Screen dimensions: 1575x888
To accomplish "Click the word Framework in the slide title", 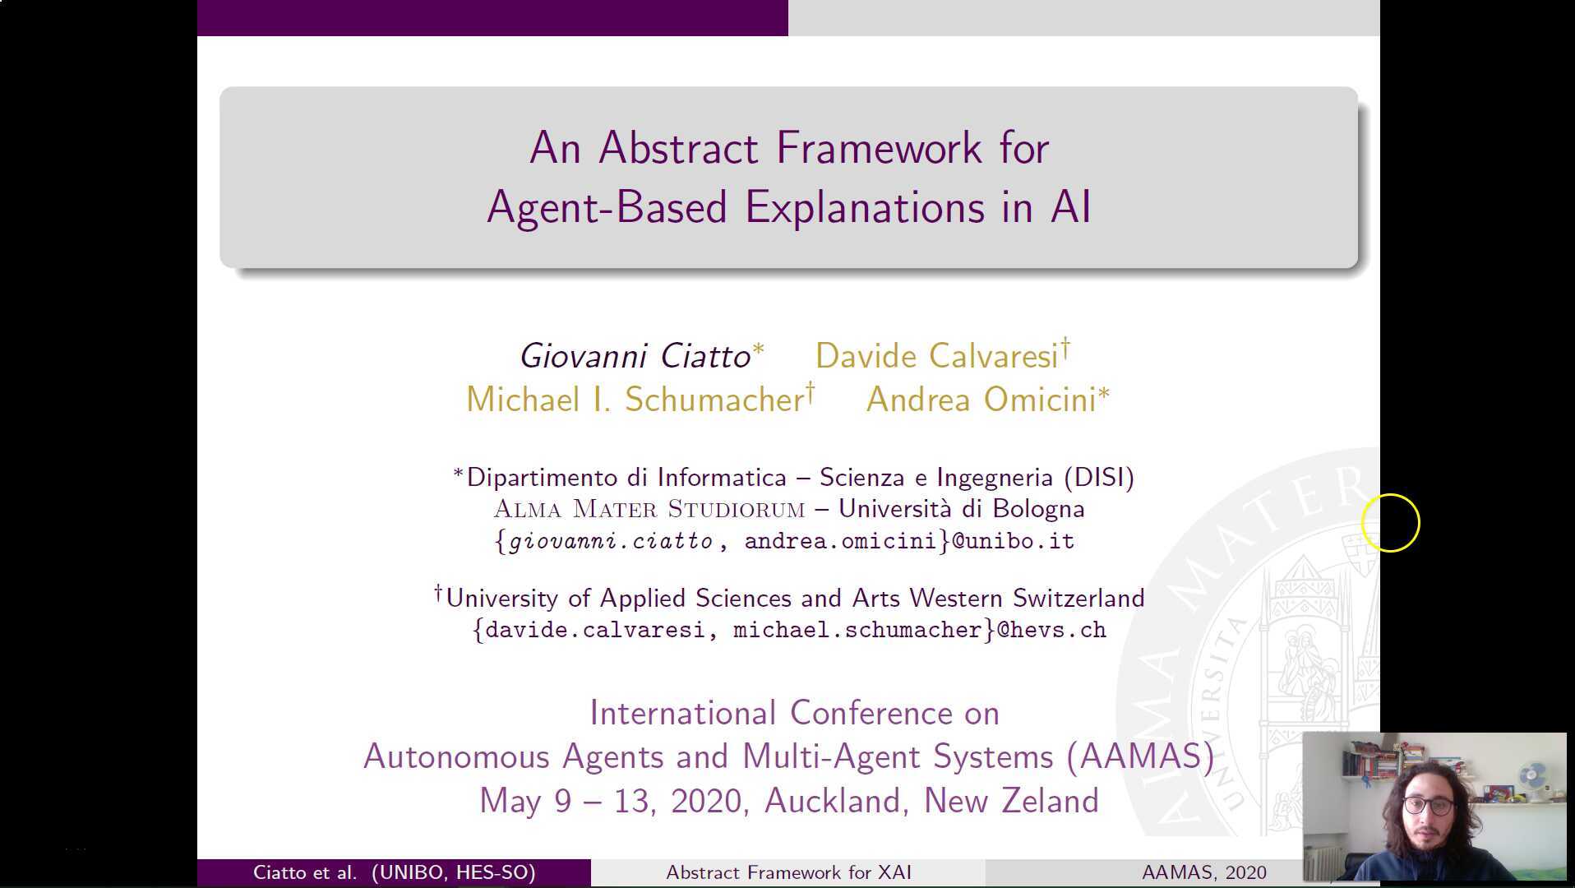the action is point(879,149).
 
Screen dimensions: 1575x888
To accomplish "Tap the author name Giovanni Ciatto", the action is point(635,356).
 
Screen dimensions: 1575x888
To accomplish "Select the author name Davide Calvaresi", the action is point(936,356).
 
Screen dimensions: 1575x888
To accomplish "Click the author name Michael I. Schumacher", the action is point(635,400).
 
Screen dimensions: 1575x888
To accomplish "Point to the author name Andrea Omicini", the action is point(981,400).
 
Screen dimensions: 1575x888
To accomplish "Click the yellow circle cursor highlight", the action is point(1390,522).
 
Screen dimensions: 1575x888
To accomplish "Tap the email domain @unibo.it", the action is point(1014,541).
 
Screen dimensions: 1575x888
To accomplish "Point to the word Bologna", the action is point(1038,509).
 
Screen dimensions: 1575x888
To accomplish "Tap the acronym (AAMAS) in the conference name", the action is point(1140,756).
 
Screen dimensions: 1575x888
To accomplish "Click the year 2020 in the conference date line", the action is point(709,801).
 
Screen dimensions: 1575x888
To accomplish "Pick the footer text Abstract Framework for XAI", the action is point(788,872).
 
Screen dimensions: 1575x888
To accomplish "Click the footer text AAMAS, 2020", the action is point(1204,872).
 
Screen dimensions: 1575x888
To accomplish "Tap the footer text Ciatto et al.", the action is point(305,872).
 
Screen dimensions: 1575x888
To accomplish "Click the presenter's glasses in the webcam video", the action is point(1429,806).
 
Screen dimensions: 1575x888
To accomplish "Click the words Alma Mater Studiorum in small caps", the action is point(649,509).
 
